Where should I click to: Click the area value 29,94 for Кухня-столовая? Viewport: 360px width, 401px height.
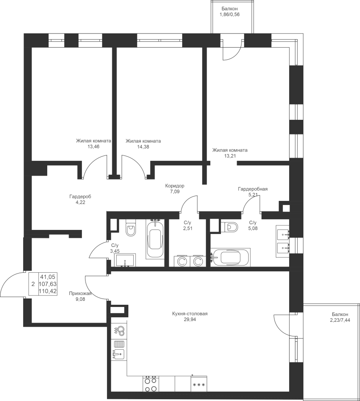click(x=189, y=319)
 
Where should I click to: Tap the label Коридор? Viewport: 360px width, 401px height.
click(x=175, y=186)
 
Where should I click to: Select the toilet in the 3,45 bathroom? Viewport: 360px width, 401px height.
click(x=131, y=227)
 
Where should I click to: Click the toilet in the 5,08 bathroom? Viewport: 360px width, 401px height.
click(x=229, y=227)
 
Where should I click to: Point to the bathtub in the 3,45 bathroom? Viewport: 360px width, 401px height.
click(x=155, y=239)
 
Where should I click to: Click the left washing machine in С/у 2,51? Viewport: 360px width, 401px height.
click(x=182, y=261)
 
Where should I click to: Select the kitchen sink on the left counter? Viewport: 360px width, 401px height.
click(x=119, y=355)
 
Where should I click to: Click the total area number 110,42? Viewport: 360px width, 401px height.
click(x=48, y=291)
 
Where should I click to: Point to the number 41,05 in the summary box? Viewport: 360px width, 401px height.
click(x=48, y=276)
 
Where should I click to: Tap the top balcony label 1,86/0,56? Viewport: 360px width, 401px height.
click(x=229, y=15)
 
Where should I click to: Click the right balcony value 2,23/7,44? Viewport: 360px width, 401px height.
click(x=340, y=319)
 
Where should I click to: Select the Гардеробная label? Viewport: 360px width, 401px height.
click(x=253, y=189)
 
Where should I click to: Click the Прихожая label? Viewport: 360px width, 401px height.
click(x=80, y=294)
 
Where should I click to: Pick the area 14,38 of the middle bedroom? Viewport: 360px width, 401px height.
click(x=143, y=147)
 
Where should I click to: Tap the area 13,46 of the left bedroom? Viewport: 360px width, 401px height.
click(x=93, y=147)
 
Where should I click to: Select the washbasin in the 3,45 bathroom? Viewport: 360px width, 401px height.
click(x=125, y=260)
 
